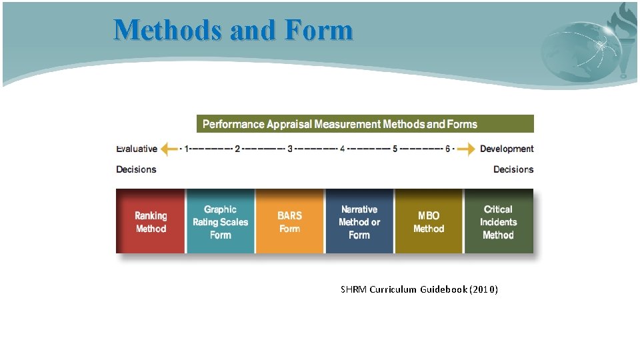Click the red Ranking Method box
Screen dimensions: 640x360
click(x=151, y=221)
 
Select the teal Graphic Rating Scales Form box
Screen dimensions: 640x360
click(x=220, y=221)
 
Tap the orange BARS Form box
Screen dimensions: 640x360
click(x=289, y=221)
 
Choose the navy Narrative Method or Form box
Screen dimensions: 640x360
click(x=359, y=221)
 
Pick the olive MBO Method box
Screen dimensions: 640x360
click(x=429, y=221)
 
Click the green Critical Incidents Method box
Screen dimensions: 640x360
click(x=498, y=221)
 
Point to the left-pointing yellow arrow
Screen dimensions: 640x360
click(x=169, y=149)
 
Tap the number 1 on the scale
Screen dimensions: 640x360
click(x=186, y=149)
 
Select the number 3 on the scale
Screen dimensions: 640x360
click(x=290, y=149)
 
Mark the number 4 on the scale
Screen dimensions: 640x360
click(x=342, y=149)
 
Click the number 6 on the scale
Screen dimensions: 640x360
click(x=447, y=149)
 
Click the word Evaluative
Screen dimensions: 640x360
click(x=137, y=149)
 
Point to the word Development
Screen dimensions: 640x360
click(x=507, y=149)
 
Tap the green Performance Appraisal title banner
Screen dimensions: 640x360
click(x=365, y=124)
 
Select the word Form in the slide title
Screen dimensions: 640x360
click(x=317, y=30)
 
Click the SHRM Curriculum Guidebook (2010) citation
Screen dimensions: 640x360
click(x=419, y=289)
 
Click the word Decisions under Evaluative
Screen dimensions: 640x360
click(x=136, y=169)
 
